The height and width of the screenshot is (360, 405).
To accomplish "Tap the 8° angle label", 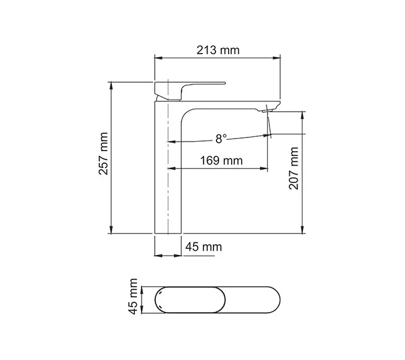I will (221, 139).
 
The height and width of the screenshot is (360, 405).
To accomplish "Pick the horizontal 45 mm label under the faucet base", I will (203, 247).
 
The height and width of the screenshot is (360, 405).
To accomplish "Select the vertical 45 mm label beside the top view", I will (133, 297).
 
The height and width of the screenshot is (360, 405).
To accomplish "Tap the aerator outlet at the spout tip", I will (268, 110).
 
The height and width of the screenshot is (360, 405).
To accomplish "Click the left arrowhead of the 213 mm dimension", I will (158, 58).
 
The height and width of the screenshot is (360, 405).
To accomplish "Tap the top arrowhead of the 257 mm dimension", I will (112, 85).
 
